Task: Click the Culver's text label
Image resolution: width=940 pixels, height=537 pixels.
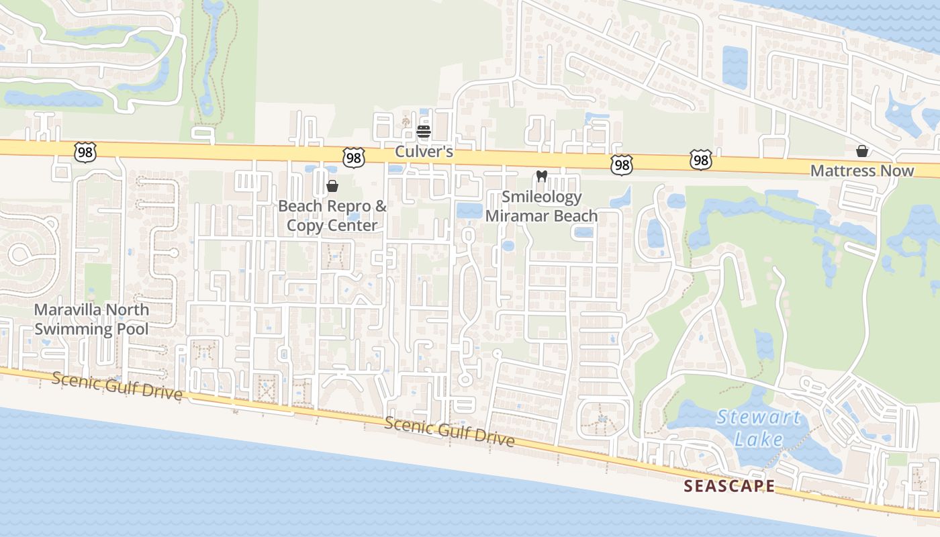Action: tap(424, 152)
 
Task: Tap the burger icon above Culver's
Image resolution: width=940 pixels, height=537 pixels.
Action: tap(423, 131)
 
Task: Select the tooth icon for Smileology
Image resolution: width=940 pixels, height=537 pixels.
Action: tap(542, 177)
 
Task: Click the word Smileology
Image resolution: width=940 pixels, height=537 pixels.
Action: tap(542, 197)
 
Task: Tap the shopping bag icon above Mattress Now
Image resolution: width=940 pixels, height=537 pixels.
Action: tap(862, 151)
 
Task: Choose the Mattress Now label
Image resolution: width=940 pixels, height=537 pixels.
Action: tap(862, 170)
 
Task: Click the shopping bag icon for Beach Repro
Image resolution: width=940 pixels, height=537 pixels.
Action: tap(332, 186)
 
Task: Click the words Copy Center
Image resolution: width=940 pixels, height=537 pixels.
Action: tap(332, 225)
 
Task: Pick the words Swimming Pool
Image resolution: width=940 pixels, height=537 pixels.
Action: tap(91, 329)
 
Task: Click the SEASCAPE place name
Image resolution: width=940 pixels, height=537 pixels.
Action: tap(729, 486)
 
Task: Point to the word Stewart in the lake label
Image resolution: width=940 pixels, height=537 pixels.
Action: tap(759, 418)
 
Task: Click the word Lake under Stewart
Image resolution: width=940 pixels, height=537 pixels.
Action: tap(759, 440)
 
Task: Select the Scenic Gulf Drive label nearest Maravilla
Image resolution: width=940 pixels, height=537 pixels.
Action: tap(117, 387)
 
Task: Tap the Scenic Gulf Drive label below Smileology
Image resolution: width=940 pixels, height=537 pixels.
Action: tap(450, 432)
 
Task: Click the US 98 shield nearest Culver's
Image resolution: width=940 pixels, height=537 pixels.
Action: tap(353, 157)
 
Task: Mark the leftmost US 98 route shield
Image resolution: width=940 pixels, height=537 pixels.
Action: tap(85, 152)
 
